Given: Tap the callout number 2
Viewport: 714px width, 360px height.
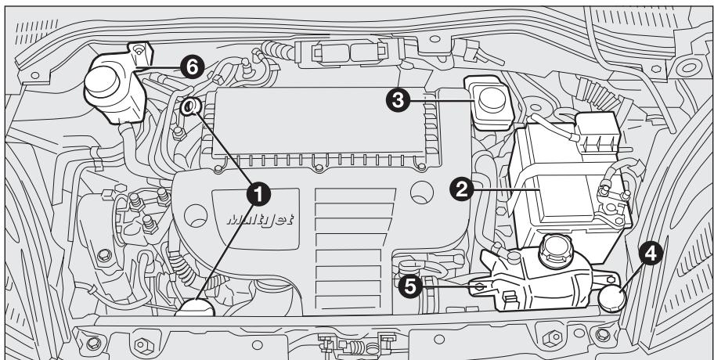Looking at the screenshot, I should click(x=463, y=188).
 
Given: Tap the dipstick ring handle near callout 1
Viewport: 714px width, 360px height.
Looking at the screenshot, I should click(x=191, y=108).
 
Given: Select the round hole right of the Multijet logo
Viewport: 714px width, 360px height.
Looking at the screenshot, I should click(x=423, y=190).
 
